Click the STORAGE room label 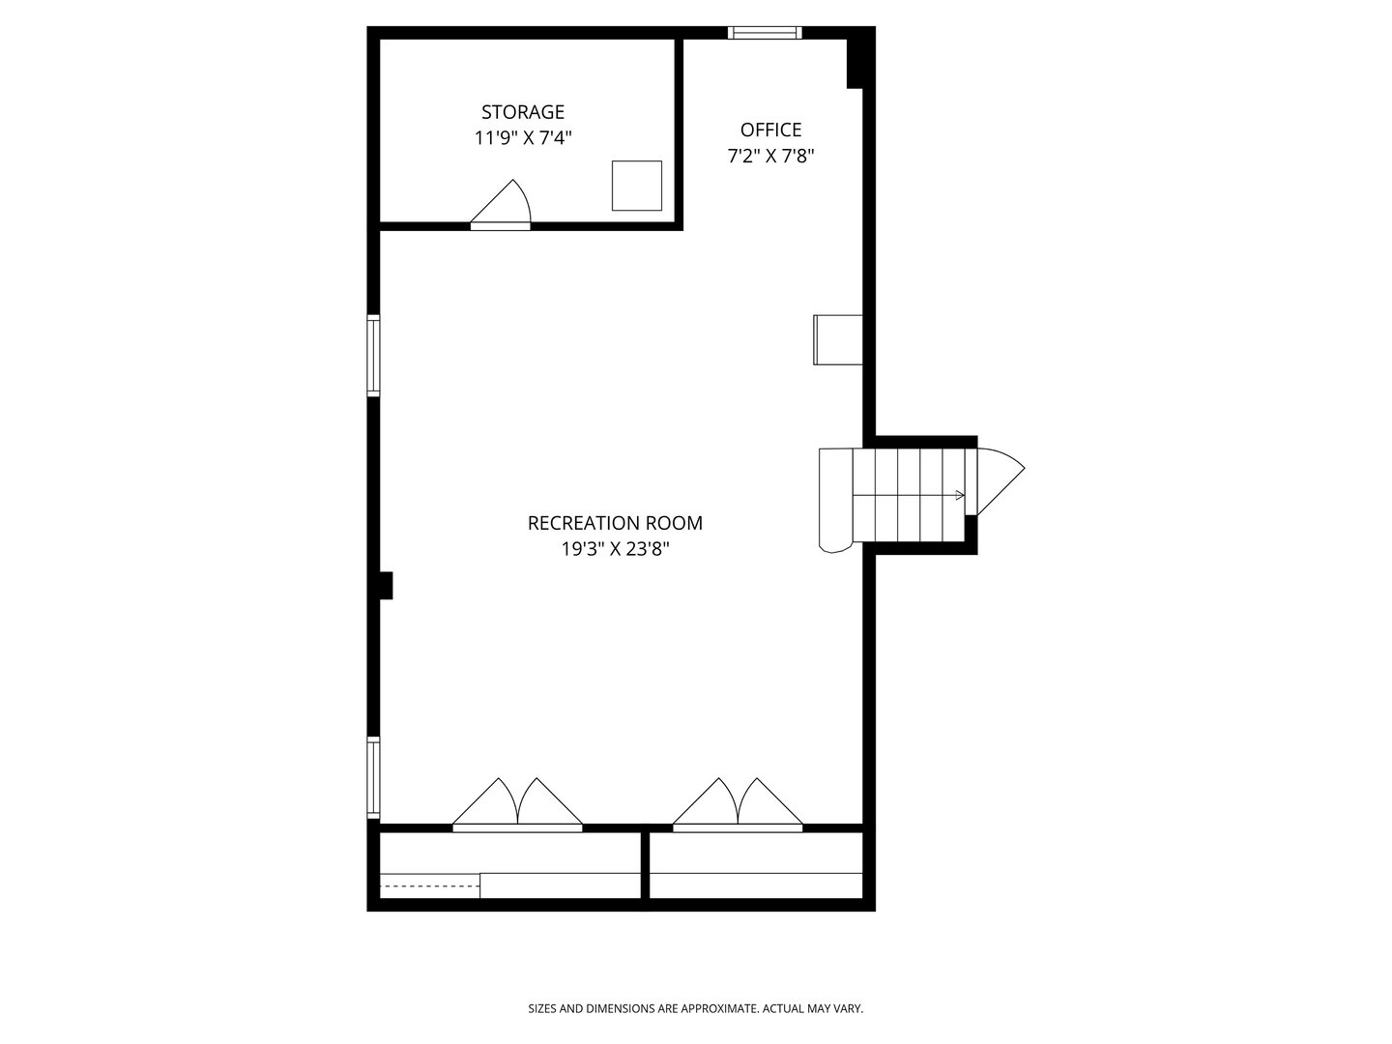click(523, 112)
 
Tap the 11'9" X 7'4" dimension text click(523, 138)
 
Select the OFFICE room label click(770, 130)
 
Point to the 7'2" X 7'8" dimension click(770, 156)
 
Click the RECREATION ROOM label click(615, 523)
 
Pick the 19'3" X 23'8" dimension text click(615, 549)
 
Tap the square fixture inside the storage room click(637, 186)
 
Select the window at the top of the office click(765, 33)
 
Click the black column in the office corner click(855, 64)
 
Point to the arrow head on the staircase click(960, 495)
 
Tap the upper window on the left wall click(373, 355)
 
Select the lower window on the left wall click(373, 778)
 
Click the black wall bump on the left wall click(385, 586)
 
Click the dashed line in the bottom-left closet click(429, 884)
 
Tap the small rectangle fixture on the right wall click(837, 339)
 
